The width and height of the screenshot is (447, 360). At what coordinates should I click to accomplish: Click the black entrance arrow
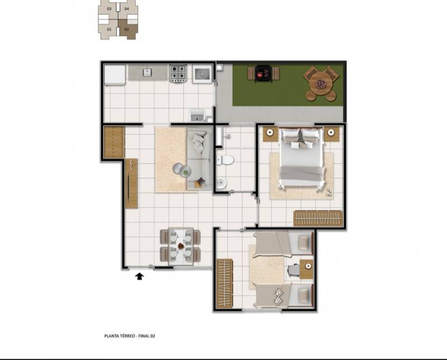pos(139,276)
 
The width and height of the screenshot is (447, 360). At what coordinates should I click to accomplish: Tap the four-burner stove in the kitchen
pos(178,73)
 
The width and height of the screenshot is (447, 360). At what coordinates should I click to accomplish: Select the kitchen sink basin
pos(147,72)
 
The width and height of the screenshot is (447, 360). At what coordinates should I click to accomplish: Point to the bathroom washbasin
pos(221,183)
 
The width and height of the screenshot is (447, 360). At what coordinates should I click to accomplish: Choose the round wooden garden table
pos(321,84)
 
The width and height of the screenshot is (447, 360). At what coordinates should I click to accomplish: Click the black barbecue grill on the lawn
pos(264,74)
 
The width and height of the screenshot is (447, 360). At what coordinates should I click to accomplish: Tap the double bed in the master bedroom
pos(302,158)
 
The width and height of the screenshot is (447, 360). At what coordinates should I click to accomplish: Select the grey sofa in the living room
pos(199,160)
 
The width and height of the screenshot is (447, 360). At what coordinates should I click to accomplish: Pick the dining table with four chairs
pos(180,246)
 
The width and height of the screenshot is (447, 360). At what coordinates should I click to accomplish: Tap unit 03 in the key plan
pos(109,9)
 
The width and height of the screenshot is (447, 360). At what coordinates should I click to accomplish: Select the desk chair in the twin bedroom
pos(294,270)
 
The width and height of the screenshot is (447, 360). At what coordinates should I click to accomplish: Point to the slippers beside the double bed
pos(329,192)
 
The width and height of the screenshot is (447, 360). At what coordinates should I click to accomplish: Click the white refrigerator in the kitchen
pos(115,75)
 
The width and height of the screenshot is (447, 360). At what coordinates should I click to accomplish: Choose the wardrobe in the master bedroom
pos(318,219)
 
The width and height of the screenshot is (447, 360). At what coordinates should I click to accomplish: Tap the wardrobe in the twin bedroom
pos(225,283)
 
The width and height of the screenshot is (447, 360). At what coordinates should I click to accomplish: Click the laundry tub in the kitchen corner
pos(198,115)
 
